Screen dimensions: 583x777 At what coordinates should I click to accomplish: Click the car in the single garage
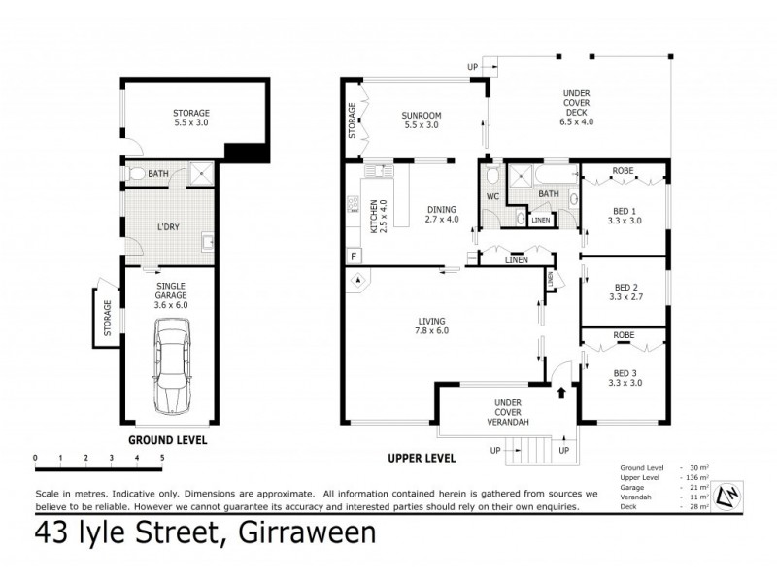(172, 369)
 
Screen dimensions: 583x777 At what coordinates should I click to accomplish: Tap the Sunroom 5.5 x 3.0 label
(421, 120)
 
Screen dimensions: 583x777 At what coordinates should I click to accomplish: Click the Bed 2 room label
(625, 292)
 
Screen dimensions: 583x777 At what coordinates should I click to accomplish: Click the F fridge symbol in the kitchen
(354, 257)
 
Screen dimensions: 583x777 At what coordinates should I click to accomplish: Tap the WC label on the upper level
(492, 195)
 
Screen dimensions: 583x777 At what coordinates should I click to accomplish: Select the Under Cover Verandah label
(510, 412)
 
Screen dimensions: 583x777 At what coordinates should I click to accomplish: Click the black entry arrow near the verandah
(560, 394)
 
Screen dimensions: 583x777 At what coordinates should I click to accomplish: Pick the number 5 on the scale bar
(162, 457)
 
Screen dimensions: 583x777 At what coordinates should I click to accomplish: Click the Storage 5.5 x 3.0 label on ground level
(191, 118)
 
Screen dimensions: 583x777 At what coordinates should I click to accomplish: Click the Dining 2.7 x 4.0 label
(442, 214)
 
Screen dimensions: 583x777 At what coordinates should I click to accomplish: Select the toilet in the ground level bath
(138, 175)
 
